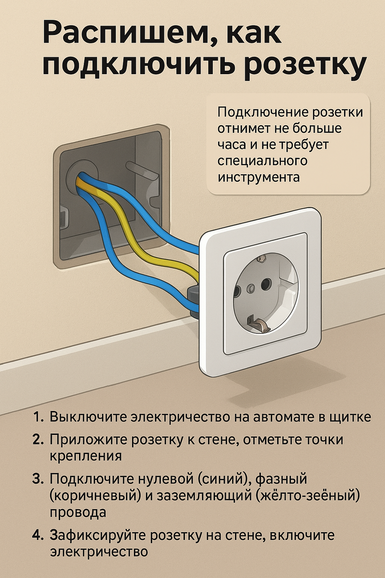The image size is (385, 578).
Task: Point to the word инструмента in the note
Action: (x=258, y=178)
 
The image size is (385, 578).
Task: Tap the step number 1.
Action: (x=38, y=417)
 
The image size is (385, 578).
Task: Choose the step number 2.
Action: (x=38, y=439)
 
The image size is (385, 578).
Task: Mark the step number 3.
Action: (x=38, y=479)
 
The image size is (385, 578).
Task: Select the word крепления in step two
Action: (x=86, y=456)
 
